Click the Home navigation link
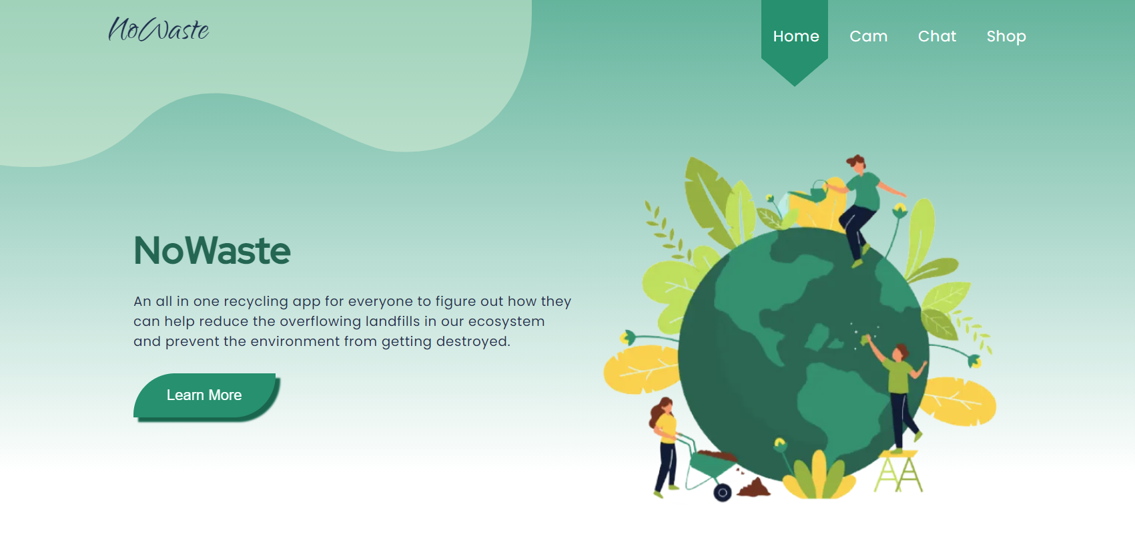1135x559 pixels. [x=795, y=36]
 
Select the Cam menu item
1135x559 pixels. [x=869, y=36]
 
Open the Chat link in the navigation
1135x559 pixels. [x=937, y=36]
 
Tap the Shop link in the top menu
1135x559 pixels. [x=1006, y=37]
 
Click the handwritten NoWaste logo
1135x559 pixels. [x=158, y=29]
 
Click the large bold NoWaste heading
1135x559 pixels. [x=212, y=250]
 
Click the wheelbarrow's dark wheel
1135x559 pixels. [x=723, y=493]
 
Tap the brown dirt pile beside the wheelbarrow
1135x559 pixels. [x=754, y=488]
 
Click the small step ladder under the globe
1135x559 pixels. [x=898, y=472]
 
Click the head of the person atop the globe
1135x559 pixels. [x=856, y=163]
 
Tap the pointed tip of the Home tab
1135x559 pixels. [x=795, y=85]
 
